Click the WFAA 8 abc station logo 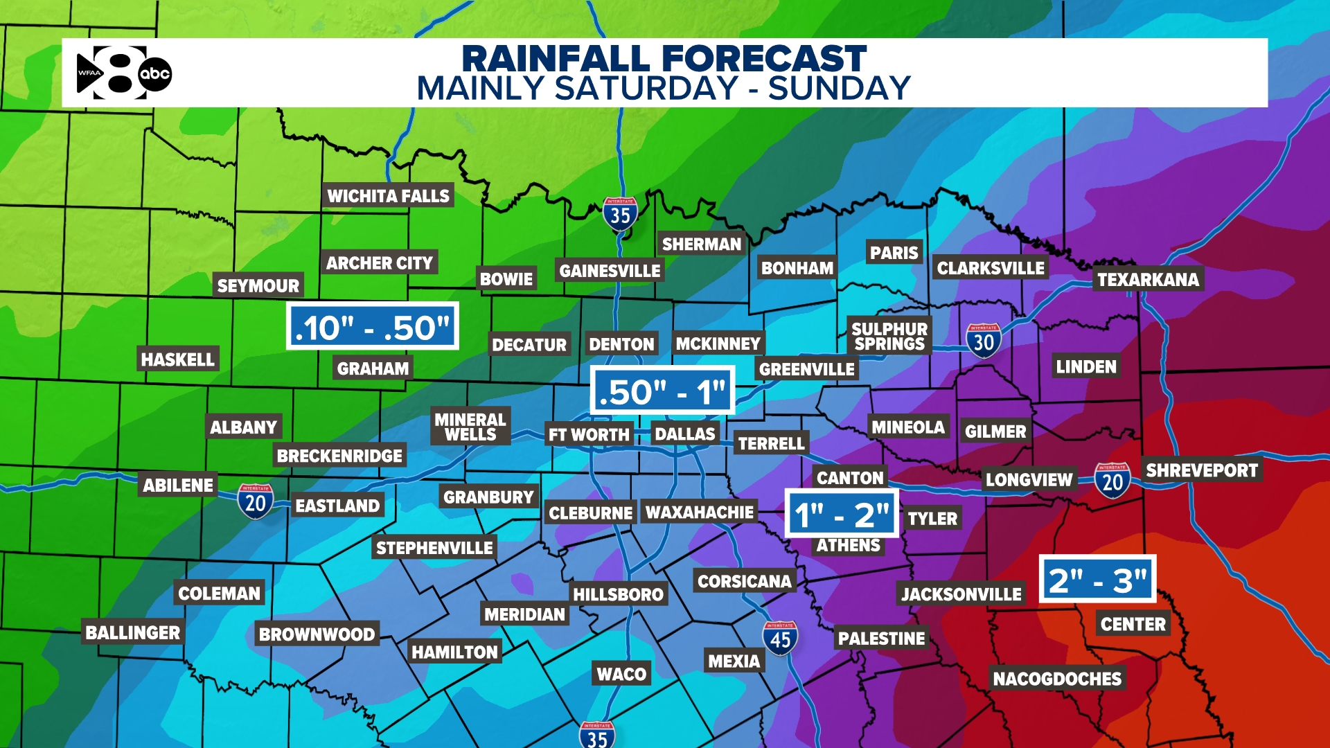(123, 73)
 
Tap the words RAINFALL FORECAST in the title (664, 58)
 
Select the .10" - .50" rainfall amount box (373, 326)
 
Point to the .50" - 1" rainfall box (662, 391)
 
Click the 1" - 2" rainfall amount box (841, 514)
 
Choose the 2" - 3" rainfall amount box (1097, 579)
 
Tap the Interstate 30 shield (983, 341)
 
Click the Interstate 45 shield (780, 639)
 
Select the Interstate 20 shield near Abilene (255, 501)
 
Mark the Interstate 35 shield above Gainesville (620, 215)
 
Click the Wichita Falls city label (388, 196)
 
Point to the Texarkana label (1148, 279)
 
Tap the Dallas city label (684, 434)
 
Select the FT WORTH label (589, 434)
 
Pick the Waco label (621, 674)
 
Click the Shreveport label (1202, 470)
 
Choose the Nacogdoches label (1057, 678)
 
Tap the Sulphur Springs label (889, 336)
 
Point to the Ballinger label (132, 632)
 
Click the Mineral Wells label (470, 427)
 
